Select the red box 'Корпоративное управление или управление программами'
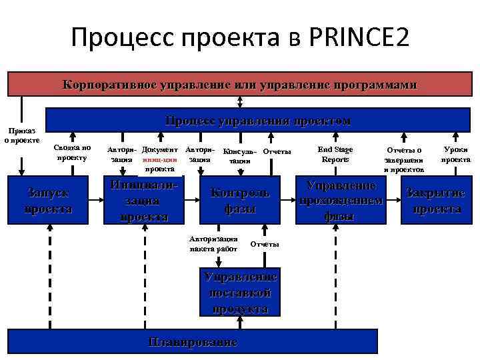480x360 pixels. (239, 85)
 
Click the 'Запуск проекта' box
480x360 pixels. (48, 200)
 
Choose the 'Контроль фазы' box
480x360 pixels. (240, 201)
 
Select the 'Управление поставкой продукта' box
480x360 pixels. (239, 293)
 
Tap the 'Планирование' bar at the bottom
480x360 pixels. (193, 343)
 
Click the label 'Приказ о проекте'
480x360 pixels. (21, 135)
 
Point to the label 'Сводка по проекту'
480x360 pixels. (73, 153)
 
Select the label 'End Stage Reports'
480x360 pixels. (335, 154)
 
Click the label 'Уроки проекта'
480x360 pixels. (456, 154)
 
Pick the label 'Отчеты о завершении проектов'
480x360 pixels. (403, 160)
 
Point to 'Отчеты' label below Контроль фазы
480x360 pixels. (265, 244)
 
